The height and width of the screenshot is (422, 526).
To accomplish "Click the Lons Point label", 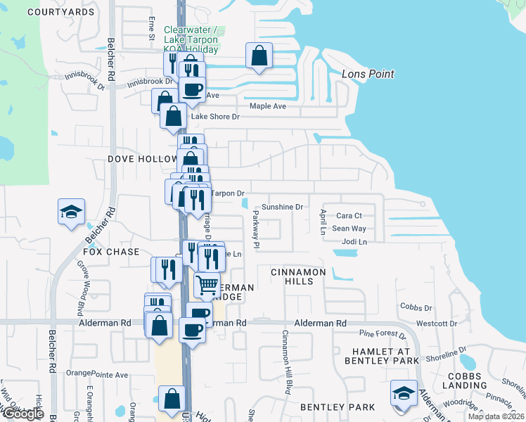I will pos(367,74).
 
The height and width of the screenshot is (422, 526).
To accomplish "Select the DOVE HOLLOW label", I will pos(142,159).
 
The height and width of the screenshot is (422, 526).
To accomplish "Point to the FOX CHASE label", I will pos(111,252).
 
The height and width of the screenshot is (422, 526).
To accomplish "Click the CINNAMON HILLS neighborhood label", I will pos(299,276).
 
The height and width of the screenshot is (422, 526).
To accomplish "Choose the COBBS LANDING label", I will pos(465,381).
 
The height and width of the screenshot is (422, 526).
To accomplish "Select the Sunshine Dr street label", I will pos(281,207).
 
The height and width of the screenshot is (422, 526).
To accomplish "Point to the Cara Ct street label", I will pos(349,216).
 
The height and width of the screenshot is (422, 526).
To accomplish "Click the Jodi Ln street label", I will pos(354,242).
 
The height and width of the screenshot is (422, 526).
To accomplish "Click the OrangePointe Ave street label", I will pos(97,374).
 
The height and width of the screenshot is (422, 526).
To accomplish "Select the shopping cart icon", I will pos(207,285).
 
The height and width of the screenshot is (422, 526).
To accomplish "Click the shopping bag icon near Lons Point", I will pos(259,56).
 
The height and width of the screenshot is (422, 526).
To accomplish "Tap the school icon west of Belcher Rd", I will pos(71,212).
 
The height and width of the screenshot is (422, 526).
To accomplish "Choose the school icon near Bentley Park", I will pos(404,392).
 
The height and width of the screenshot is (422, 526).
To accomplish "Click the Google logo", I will pos(23,414).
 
